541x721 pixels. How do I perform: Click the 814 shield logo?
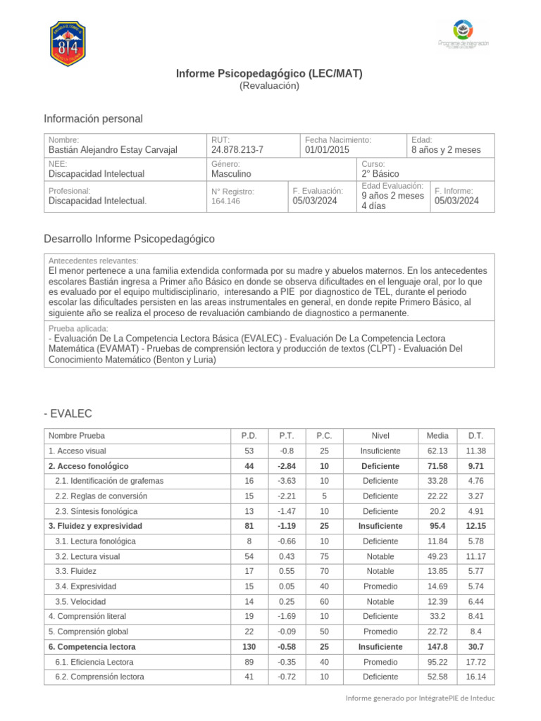68,44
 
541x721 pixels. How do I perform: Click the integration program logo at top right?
463,34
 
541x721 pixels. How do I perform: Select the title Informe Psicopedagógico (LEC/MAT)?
269,73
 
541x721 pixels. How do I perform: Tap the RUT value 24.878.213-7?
237,150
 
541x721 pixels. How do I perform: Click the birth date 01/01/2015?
326,150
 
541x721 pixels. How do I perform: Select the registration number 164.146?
225,201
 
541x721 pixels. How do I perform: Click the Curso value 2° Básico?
380,173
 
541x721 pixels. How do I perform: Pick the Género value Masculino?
231,173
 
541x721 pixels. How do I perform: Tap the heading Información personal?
93,118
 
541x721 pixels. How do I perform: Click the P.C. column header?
324,436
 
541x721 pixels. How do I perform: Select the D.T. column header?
475,436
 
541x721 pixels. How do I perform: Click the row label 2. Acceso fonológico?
88,466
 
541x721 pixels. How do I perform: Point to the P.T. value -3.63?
286,481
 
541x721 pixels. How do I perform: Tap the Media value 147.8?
437,646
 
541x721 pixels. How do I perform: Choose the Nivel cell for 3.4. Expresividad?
380,587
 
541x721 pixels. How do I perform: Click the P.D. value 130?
249,646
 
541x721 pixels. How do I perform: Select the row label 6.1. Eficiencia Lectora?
94,662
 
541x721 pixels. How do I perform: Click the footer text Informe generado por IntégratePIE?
420,698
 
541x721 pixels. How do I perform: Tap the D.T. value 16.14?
475,677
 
